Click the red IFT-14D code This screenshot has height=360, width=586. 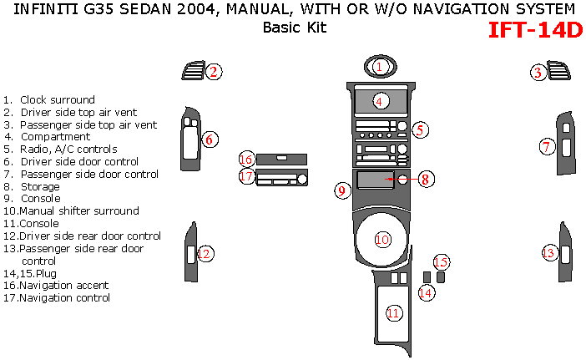click(x=534, y=30)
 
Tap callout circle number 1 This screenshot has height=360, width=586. click(x=379, y=66)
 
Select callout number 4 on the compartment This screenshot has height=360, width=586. click(x=379, y=101)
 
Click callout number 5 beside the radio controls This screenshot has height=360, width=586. click(x=421, y=129)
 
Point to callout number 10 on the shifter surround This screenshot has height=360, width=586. click(x=382, y=240)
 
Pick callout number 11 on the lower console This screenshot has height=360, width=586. click(x=394, y=312)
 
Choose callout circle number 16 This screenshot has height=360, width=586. click(x=245, y=159)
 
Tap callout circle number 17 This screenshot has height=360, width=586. click(x=245, y=176)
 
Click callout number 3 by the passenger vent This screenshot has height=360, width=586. click(x=539, y=74)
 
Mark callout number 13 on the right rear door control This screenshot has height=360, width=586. click(x=548, y=252)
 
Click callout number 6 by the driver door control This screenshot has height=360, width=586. click(x=210, y=139)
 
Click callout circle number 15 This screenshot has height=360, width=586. click(x=441, y=262)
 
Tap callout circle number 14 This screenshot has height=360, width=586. click(x=426, y=292)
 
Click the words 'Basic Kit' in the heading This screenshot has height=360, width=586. click(x=294, y=27)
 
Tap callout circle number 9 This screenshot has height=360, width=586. click(x=341, y=190)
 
